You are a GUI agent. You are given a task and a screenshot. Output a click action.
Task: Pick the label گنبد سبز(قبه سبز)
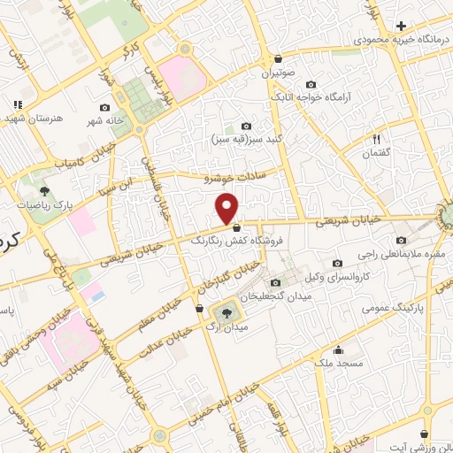pos(244,139)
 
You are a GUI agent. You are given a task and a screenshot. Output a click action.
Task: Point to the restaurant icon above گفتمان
pos(375,138)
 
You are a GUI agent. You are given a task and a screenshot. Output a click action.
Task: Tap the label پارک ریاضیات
pos(45,204)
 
